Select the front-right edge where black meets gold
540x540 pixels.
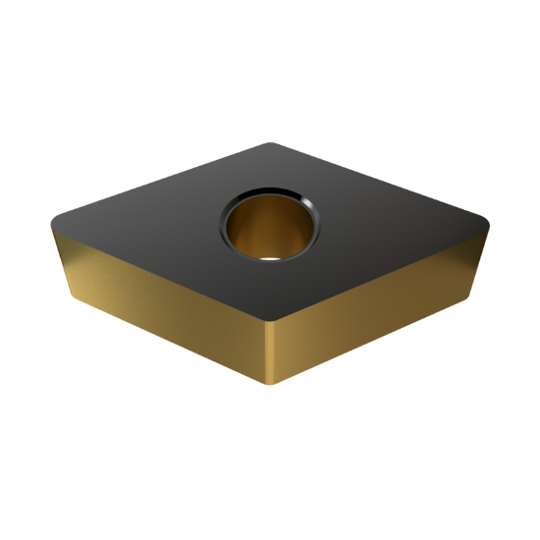(383, 272)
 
